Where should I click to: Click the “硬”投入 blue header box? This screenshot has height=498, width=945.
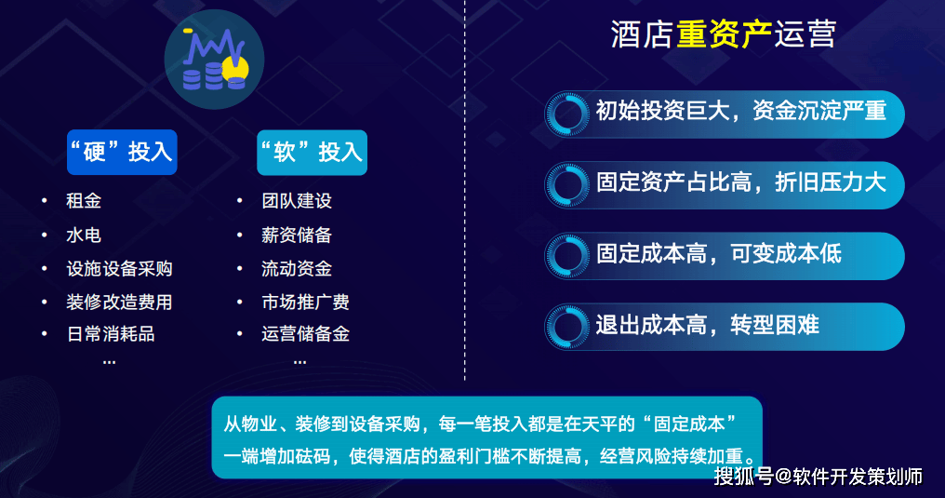point(122,152)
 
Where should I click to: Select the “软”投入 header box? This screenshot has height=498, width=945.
point(313,152)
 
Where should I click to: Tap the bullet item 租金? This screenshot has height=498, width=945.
point(84,201)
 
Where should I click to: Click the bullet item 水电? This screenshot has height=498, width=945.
point(84,235)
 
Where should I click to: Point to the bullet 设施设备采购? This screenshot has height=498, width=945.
point(119,268)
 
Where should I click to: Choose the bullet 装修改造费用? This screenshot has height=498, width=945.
point(119,302)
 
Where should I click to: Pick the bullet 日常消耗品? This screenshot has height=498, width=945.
point(111,333)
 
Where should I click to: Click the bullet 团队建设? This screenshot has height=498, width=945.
point(297,201)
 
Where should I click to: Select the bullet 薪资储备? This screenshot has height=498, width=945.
point(297,235)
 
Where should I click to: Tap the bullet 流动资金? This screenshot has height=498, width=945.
point(297,268)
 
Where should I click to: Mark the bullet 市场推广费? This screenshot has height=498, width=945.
point(306,302)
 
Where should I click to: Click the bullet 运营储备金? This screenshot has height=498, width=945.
point(306,333)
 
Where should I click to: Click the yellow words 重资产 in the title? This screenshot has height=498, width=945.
point(724,34)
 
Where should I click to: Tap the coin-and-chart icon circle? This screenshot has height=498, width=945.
point(215,59)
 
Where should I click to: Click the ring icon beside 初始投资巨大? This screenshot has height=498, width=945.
point(566,114)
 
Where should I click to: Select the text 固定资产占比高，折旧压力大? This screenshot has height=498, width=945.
point(741,182)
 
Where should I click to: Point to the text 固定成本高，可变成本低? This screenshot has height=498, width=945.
point(719,253)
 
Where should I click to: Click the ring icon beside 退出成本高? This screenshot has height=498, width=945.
point(566,327)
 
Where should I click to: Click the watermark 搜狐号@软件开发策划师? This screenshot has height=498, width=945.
point(819,477)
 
